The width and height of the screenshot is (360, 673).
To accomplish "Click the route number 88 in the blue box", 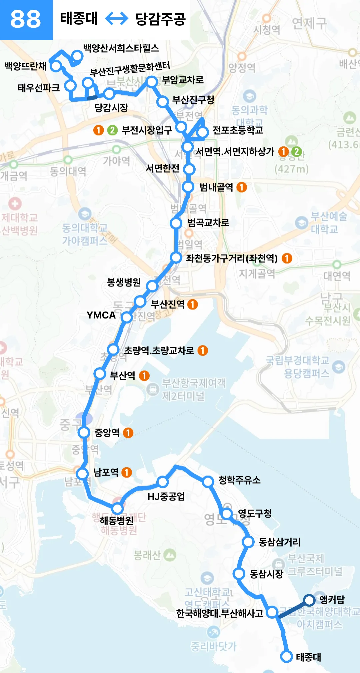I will pos(26,19).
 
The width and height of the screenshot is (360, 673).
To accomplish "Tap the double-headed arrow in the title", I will pos(116,18).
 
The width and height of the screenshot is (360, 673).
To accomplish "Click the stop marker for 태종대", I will pos(286,656).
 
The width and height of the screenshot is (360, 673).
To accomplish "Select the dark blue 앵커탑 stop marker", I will pos(309,600).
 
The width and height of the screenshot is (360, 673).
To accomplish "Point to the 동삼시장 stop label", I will pos(266,574).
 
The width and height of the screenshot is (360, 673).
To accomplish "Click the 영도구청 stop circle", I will pos(227,514).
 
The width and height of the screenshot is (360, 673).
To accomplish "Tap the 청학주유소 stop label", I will pos(239,480).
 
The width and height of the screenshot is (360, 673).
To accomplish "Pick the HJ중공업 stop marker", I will pos(163,482).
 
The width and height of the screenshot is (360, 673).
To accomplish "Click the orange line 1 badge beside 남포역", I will pos(126,472).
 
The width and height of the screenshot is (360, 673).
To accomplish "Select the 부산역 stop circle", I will pos(100,374).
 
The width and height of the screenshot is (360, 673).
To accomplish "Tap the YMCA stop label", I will pos(101,315).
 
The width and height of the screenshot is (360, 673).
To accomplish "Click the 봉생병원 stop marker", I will pos(152,286).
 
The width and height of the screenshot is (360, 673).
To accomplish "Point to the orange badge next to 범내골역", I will pos(242,187).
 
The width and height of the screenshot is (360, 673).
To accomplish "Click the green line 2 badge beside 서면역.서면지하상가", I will pos(296,152).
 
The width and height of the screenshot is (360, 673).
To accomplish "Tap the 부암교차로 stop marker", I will pos(152,81).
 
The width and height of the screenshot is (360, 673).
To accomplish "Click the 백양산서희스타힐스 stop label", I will pos(121,48).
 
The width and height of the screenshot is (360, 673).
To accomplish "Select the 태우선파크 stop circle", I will pos(70,85).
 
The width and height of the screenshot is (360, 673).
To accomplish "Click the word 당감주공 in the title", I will pos(160,19).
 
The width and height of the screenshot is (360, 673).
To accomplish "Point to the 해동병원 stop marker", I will pos(117,509).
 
